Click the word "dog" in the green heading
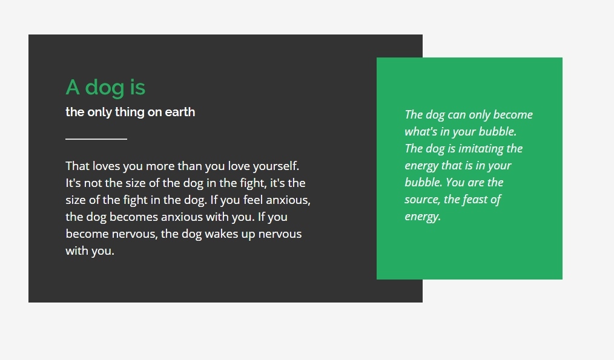[105, 88]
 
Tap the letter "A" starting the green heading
[73, 87]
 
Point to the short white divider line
[96, 139]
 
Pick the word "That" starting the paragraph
[78, 166]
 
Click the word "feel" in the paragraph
[253, 200]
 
